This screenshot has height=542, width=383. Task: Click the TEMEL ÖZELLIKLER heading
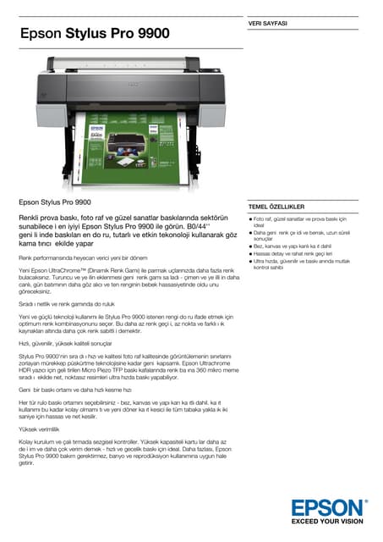[276, 207]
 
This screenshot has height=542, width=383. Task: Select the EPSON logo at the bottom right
[328, 509]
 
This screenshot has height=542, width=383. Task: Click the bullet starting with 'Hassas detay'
[292, 253]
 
